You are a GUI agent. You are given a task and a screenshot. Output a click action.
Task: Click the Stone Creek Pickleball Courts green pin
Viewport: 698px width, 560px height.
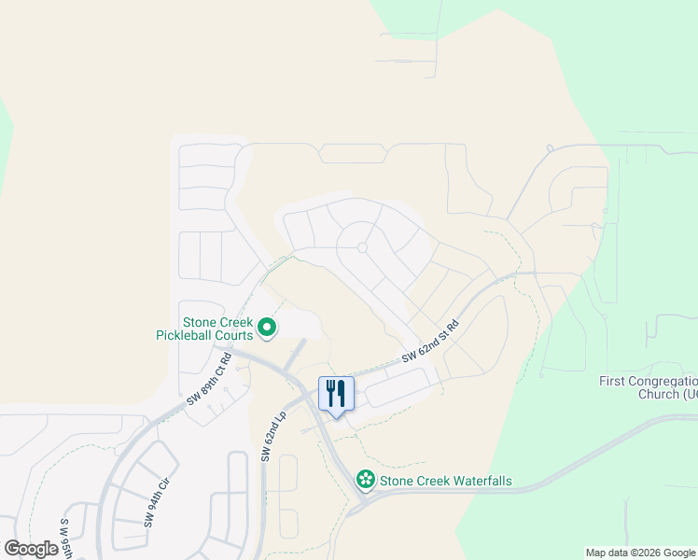pos(267,327)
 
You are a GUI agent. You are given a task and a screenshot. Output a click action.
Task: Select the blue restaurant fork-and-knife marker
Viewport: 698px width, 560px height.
pos(336,394)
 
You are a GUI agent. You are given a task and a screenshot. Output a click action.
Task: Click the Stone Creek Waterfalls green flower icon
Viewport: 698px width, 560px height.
pos(366,481)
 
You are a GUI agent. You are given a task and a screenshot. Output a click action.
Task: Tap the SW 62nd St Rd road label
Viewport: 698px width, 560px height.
pos(431,343)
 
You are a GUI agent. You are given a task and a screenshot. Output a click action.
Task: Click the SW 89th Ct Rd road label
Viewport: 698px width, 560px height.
pos(208,379)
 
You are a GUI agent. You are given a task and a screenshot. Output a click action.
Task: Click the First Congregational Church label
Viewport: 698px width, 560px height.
pos(649,387)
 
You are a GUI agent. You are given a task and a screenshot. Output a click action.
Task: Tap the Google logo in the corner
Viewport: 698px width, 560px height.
pos(31,549)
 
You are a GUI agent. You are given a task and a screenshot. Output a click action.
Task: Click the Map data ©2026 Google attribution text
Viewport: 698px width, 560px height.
pos(640,553)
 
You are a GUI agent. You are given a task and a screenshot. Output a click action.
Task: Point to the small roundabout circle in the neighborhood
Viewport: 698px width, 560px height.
pos(363,247)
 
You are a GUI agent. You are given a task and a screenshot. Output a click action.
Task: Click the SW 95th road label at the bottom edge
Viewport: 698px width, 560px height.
pos(68,539)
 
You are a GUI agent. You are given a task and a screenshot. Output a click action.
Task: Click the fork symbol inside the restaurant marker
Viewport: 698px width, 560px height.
pos(330,392)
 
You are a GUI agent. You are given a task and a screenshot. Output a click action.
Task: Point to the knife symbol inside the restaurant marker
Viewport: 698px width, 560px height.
pos(342,392)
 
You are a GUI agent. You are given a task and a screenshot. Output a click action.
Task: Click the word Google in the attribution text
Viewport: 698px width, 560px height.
pos(677,553)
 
